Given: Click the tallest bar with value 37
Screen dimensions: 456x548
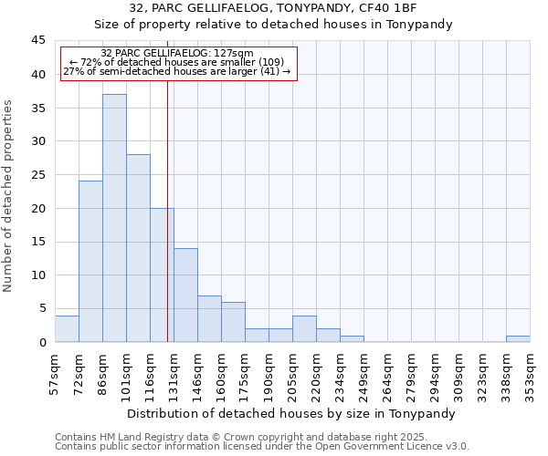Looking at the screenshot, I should pyautogui.click(x=114, y=219).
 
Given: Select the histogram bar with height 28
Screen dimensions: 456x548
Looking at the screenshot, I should pyautogui.click(x=138, y=248).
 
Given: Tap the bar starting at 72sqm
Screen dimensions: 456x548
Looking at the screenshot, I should pyautogui.click(x=90, y=262).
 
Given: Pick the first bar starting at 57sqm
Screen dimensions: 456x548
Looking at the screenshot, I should pyautogui.click(x=67, y=328).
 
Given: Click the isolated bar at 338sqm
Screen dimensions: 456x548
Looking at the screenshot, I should pyautogui.click(x=518, y=338).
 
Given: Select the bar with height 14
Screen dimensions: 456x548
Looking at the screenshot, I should pyautogui.click(x=185, y=295).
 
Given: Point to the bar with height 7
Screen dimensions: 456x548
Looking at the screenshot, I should pyautogui.click(x=209, y=319).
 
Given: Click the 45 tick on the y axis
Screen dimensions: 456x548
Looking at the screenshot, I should pyautogui.click(x=37, y=41).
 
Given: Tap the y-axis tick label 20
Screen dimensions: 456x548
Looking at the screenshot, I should pyautogui.click(x=37, y=209).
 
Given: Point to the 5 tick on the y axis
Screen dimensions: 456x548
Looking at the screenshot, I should pyautogui.click(x=41, y=309).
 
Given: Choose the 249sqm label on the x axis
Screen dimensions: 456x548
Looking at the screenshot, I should pyautogui.click(x=364, y=374).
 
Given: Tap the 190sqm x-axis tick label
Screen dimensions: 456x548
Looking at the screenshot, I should pyautogui.click(x=269, y=374).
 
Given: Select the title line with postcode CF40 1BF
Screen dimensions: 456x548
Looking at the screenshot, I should pyautogui.click(x=274, y=8).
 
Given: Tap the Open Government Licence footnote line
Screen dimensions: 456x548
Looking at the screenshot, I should pyautogui.click(x=262, y=447).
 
